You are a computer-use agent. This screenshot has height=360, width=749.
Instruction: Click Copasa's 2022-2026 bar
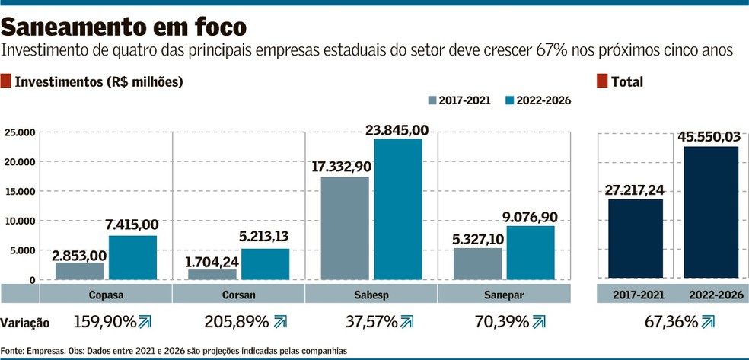(132, 257)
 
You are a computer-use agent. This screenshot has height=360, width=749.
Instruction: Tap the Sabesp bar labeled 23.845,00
(397, 209)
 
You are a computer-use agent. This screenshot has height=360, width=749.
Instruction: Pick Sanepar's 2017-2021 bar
(477, 263)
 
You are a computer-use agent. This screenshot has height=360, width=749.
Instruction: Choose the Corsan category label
(238, 294)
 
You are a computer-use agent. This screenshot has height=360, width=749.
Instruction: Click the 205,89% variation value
(236, 322)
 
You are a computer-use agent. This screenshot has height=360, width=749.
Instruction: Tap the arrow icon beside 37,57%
(407, 322)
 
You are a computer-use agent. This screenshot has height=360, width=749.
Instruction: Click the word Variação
(25, 323)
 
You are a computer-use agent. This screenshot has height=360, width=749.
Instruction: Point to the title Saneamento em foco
(124, 27)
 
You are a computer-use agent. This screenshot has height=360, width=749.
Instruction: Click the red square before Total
(602, 81)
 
